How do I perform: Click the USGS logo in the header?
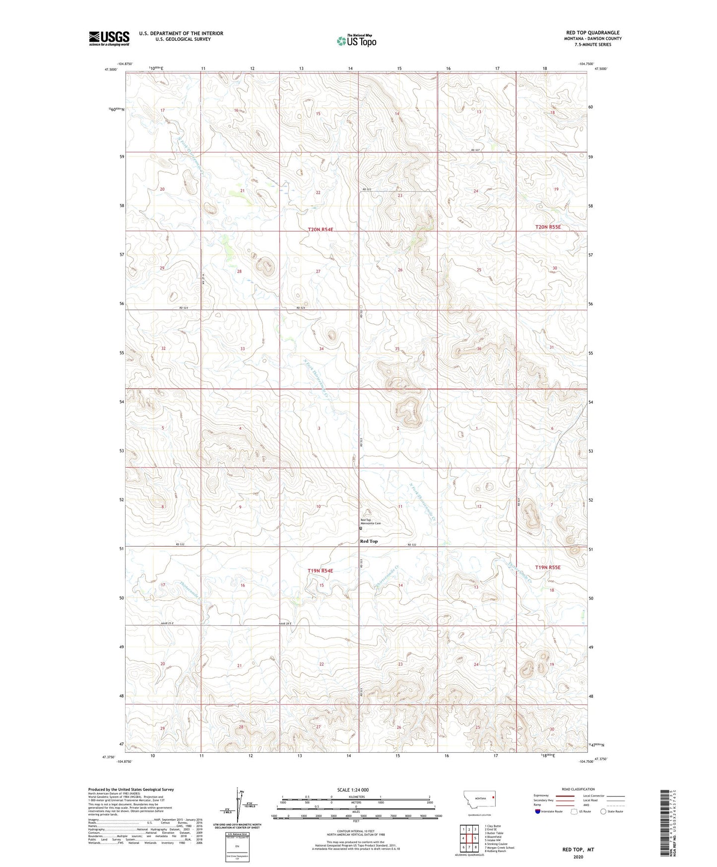(x=109, y=38)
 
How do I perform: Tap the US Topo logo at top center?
(x=356, y=41)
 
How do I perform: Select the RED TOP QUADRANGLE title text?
(x=592, y=33)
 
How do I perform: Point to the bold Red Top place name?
(x=369, y=541)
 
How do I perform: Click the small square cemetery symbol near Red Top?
(x=361, y=528)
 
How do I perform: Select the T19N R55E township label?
(x=548, y=567)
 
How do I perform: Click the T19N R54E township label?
(x=320, y=571)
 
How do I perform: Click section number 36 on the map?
(x=479, y=349)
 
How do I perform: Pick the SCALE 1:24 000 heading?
(x=352, y=790)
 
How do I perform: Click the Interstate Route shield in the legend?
(x=538, y=811)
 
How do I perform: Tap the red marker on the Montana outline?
(x=493, y=798)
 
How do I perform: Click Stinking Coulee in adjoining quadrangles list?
(x=496, y=844)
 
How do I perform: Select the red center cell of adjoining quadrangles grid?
(x=469, y=838)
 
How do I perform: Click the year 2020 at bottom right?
(x=578, y=857)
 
